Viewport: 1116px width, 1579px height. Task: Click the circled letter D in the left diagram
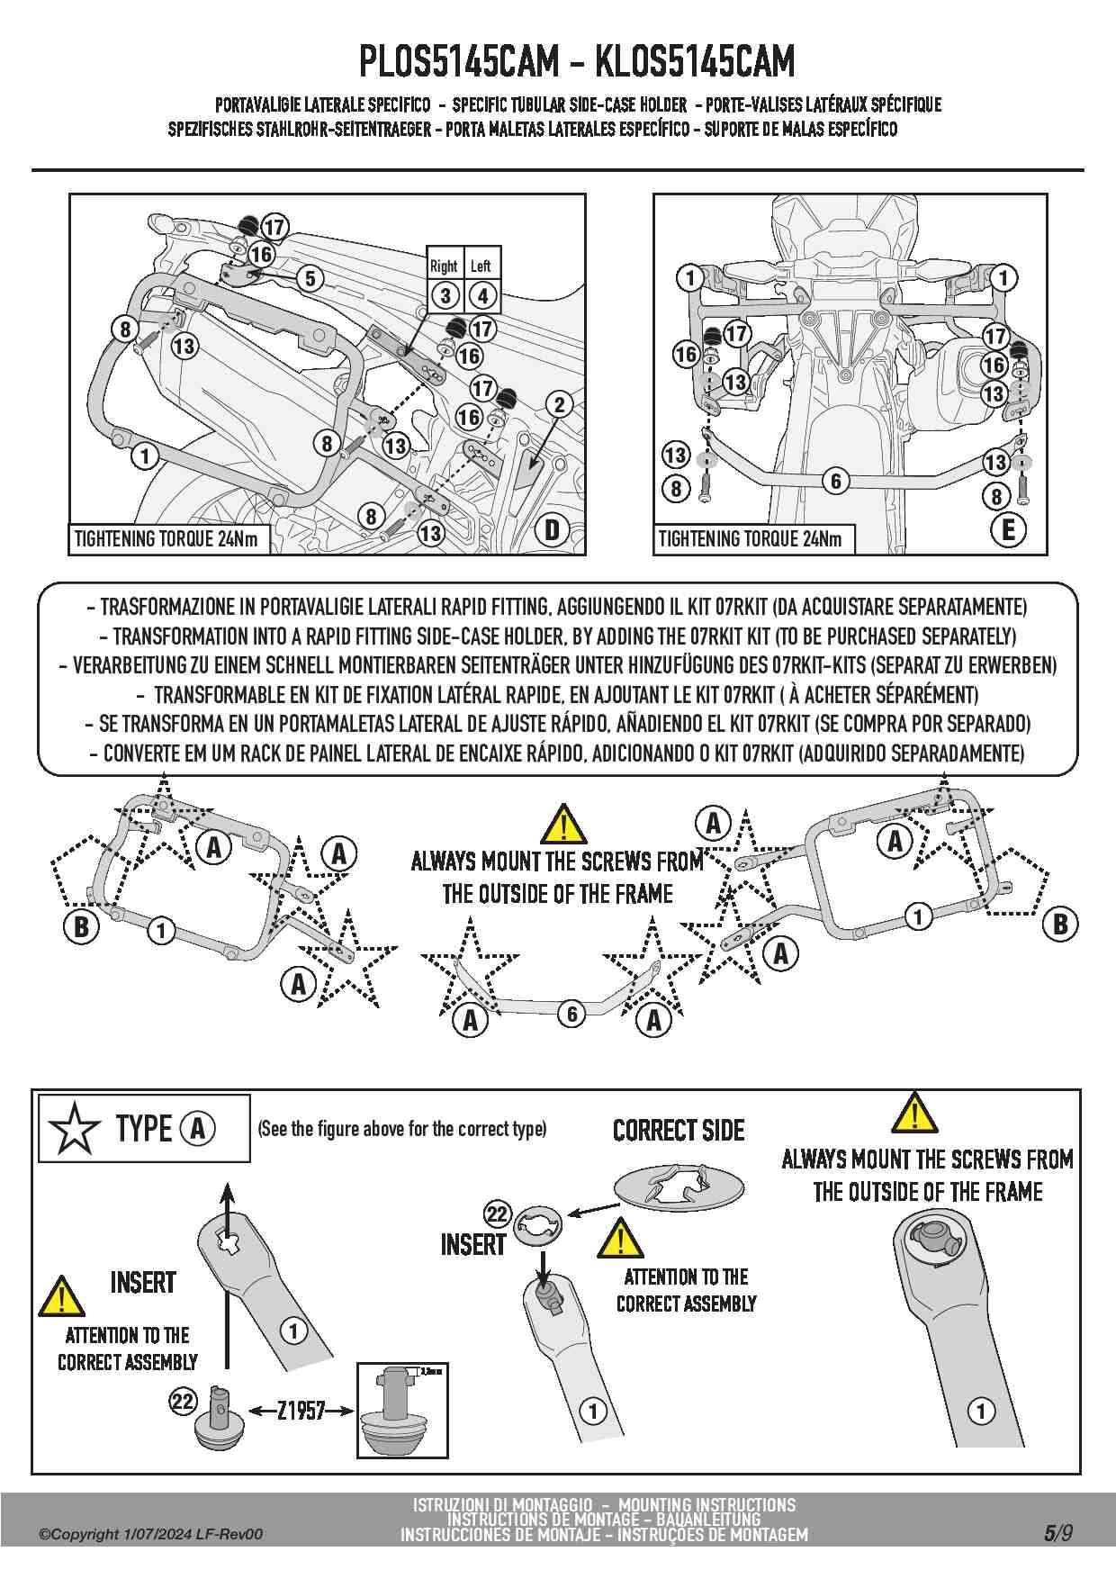click(553, 529)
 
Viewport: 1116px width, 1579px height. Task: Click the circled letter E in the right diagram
click(1008, 529)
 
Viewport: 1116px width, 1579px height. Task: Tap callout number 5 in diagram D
click(310, 278)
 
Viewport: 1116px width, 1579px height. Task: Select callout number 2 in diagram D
click(559, 404)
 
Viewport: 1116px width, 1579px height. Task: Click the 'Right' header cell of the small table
click(444, 266)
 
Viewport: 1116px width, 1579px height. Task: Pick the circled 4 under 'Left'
click(482, 295)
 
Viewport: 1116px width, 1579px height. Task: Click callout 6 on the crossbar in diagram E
click(836, 482)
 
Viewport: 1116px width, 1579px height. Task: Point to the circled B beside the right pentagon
click(1060, 924)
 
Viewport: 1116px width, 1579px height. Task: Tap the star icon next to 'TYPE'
click(74, 1129)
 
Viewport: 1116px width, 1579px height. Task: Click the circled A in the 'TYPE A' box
click(198, 1128)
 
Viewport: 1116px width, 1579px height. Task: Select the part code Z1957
click(301, 1410)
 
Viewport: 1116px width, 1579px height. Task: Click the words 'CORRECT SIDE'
click(679, 1131)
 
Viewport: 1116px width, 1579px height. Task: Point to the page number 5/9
click(1057, 1532)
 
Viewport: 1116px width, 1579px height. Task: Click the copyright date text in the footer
click(151, 1534)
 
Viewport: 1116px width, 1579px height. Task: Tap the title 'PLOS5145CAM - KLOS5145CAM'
click(577, 61)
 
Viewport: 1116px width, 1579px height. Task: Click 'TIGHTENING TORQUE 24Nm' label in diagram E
click(751, 539)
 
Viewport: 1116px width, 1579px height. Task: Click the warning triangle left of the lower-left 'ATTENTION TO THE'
click(61, 1296)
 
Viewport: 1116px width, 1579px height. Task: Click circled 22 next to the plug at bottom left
click(183, 1401)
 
